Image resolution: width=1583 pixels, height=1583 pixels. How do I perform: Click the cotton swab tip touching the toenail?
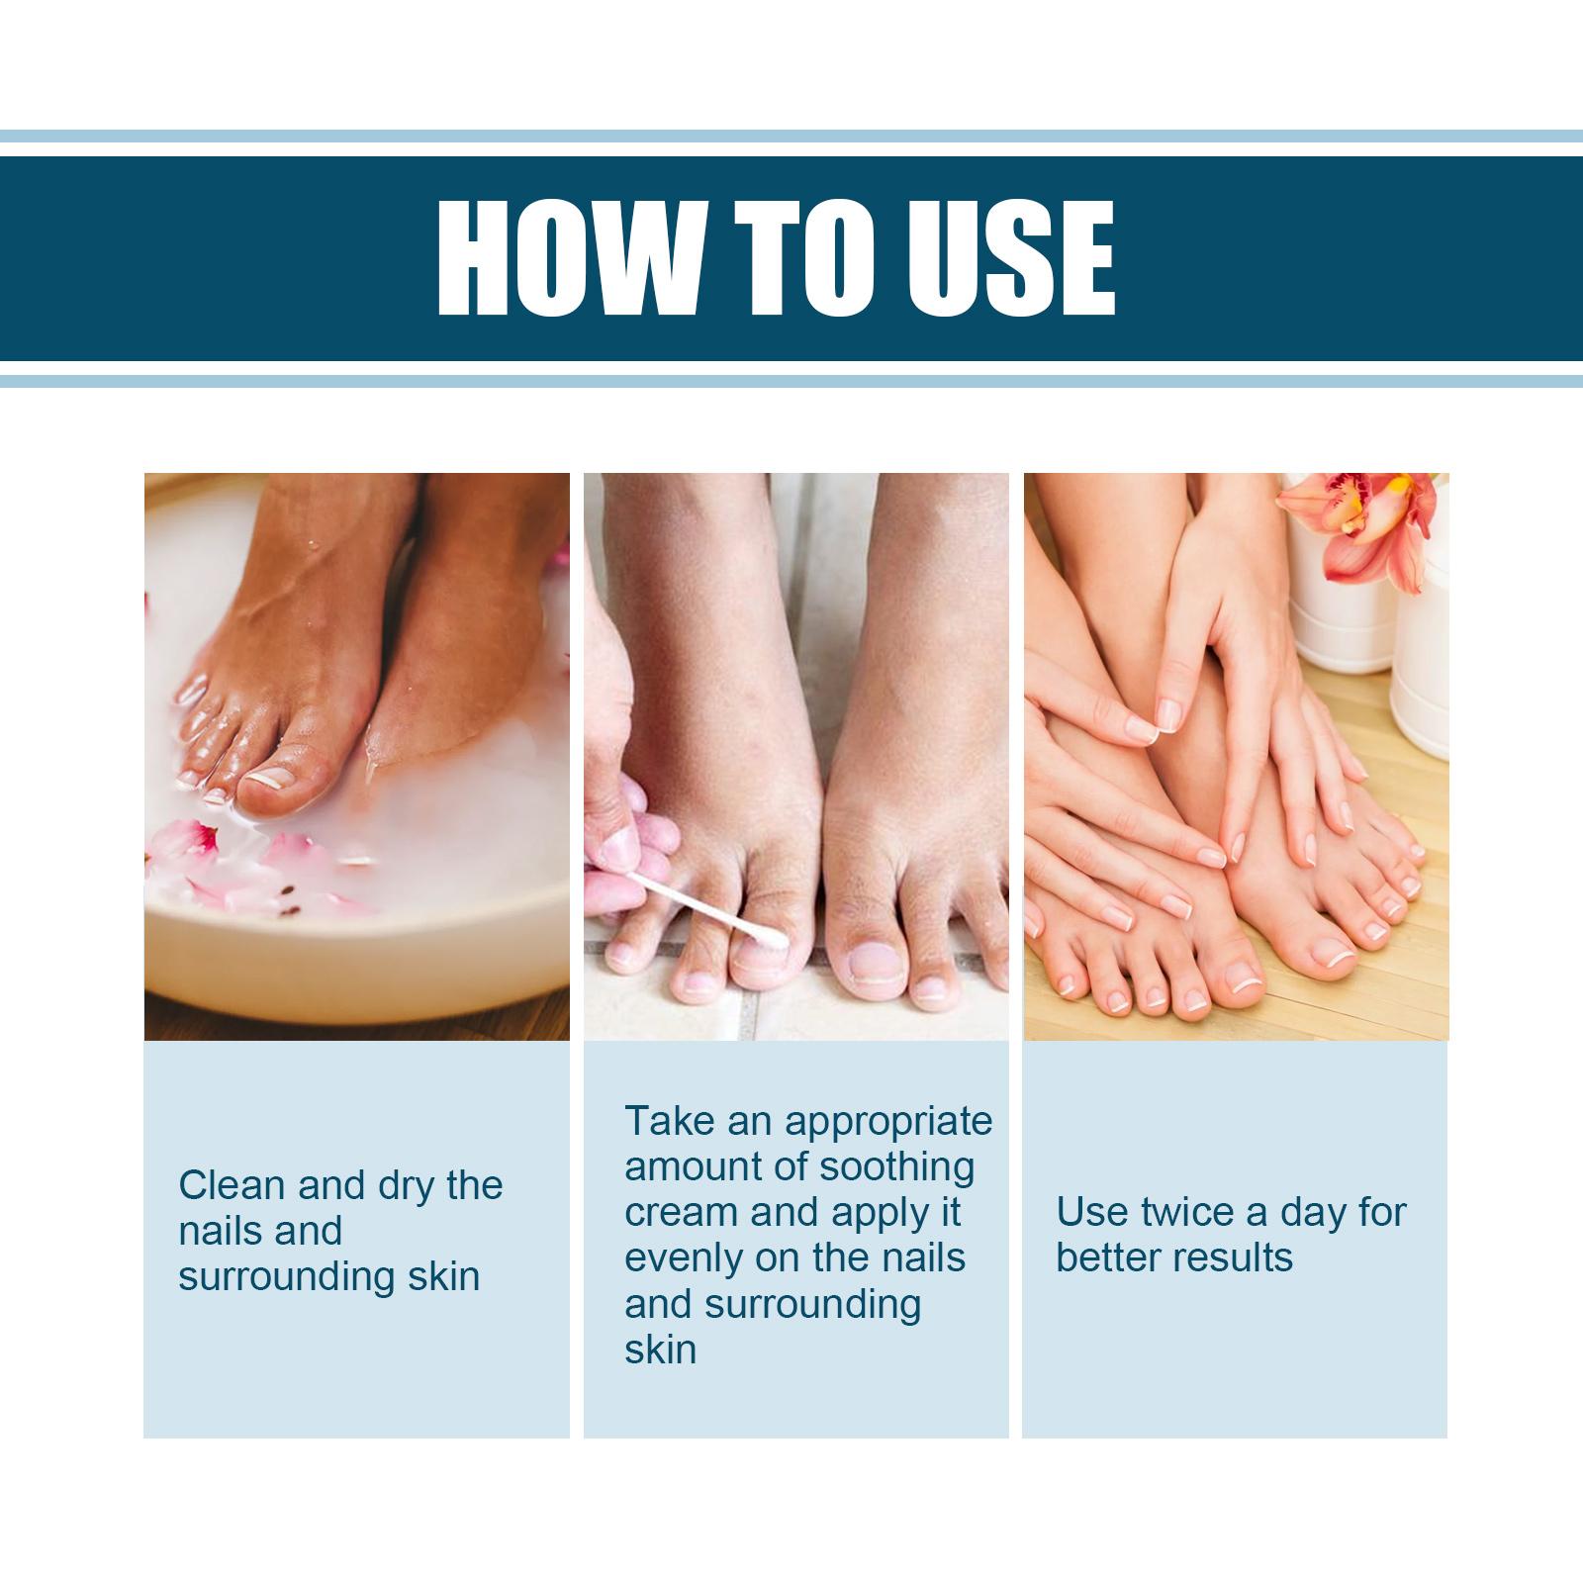(x=775, y=935)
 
